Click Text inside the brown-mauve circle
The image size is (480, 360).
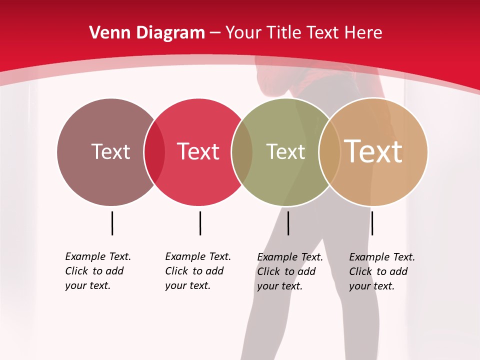coord(110,151)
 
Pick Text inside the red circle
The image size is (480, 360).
coord(198,151)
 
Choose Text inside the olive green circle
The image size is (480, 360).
coord(285,151)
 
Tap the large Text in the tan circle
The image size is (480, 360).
coord(373,151)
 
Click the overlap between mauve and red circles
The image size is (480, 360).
coord(154,152)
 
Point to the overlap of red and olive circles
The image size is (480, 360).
coord(242,152)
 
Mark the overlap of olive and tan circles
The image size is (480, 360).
coord(329,152)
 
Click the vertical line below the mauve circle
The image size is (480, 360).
coord(112,223)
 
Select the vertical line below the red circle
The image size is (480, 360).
coord(200,223)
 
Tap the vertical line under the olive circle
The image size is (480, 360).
coord(288,223)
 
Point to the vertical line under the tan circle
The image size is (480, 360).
coord(372,223)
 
